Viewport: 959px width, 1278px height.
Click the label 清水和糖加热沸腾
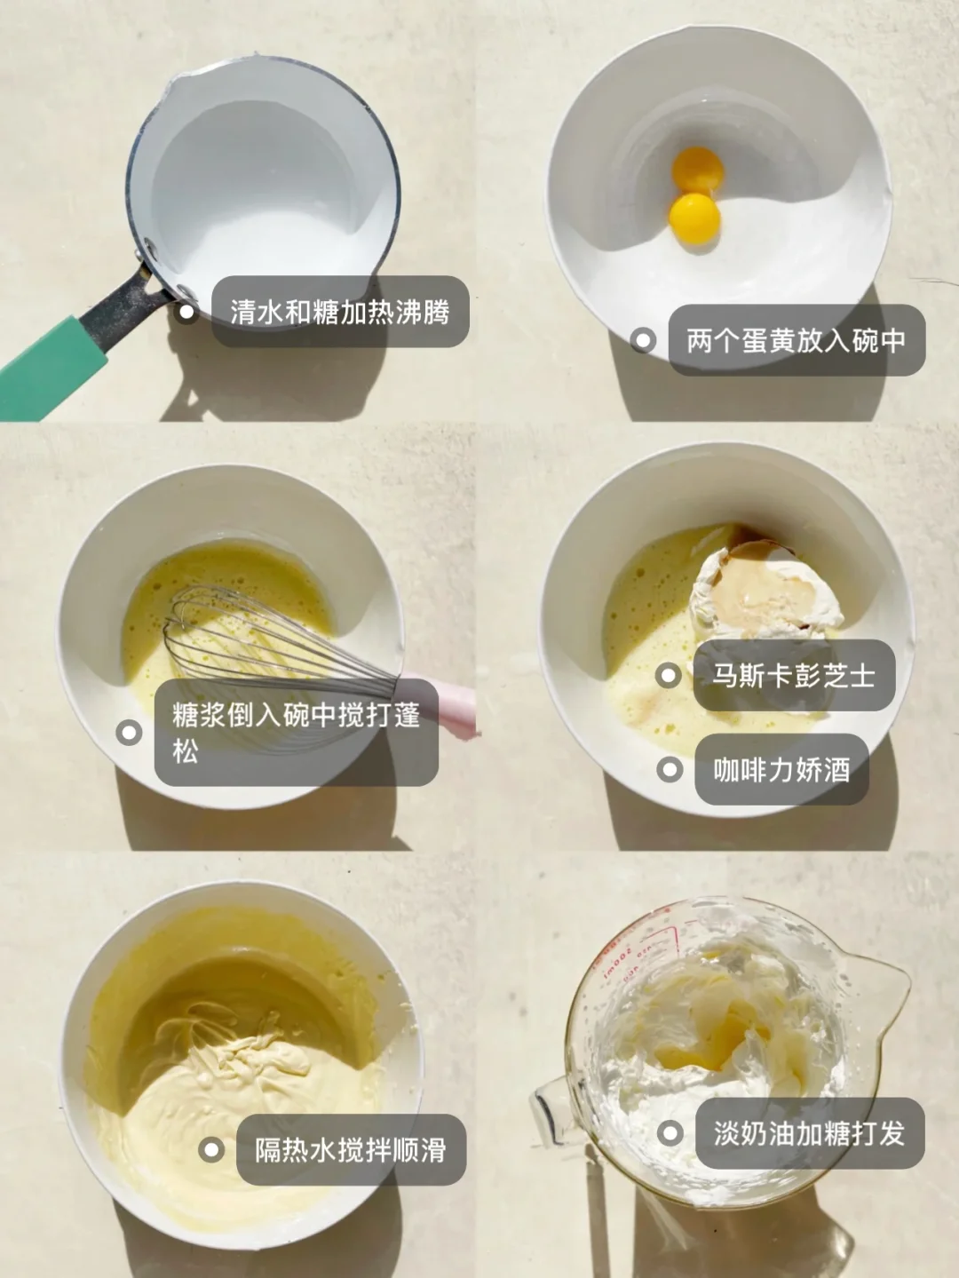pos(340,312)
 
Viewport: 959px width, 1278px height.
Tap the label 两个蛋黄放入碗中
pos(797,340)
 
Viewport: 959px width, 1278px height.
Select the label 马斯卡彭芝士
pos(794,675)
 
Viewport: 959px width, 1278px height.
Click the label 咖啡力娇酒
pos(781,769)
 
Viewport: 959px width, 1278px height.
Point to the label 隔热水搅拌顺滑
pos(351,1150)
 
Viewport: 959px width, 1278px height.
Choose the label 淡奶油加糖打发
pos(810,1133)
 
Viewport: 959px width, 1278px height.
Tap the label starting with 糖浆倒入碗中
pos(297,732)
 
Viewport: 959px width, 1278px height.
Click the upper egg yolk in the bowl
pos(697,171)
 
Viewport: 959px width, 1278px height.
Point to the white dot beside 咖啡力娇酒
pos(670,770)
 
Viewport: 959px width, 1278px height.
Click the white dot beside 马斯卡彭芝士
pos(668,676)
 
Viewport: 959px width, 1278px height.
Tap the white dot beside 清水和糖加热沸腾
pos(186,312)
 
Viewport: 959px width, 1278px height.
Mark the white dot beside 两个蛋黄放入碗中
pos(643,340)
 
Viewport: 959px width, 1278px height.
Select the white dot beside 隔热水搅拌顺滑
pos(211,1150)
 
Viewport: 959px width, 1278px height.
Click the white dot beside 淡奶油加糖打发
pos(670,1133)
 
